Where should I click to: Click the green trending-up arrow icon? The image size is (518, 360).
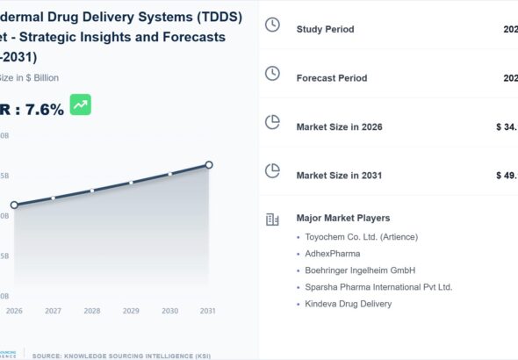81,105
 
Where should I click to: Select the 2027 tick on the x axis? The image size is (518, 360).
53,311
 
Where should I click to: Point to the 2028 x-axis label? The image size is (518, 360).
92,311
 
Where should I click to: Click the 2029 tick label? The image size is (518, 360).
131,311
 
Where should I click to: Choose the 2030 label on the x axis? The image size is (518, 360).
170,311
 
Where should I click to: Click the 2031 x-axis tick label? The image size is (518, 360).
208,311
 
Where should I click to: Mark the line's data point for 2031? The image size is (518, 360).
209,164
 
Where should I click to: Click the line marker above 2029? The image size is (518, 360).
131,183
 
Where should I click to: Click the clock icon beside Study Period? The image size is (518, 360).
272,25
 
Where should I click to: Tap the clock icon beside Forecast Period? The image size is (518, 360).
272,74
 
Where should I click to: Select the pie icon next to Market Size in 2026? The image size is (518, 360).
272,122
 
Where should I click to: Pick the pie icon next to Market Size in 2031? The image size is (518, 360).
272,170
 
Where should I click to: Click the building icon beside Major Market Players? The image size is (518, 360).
272,219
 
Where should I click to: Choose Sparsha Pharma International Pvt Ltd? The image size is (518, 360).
378,287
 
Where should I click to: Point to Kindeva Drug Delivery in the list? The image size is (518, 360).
349,304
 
